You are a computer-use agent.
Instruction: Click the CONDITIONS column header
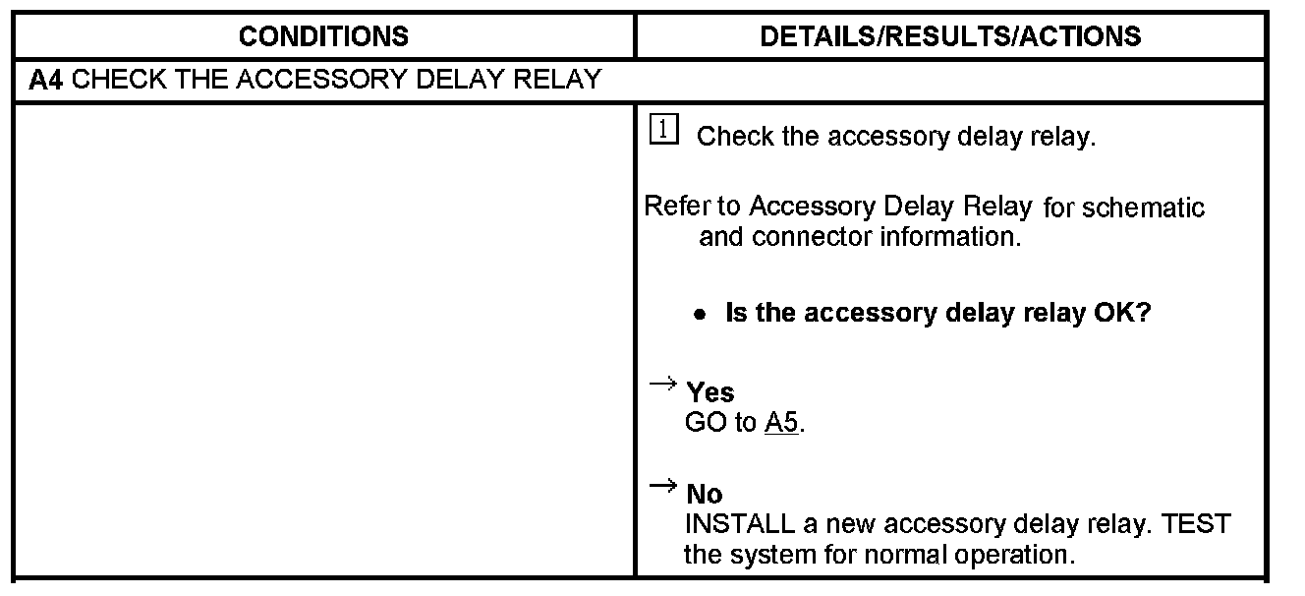(323, 37)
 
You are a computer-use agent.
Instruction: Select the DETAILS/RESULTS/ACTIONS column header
(950, 37)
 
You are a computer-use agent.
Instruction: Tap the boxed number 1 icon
(664, 131)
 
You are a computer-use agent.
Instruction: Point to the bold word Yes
(709, 392)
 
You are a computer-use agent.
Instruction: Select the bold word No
(704, 494)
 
